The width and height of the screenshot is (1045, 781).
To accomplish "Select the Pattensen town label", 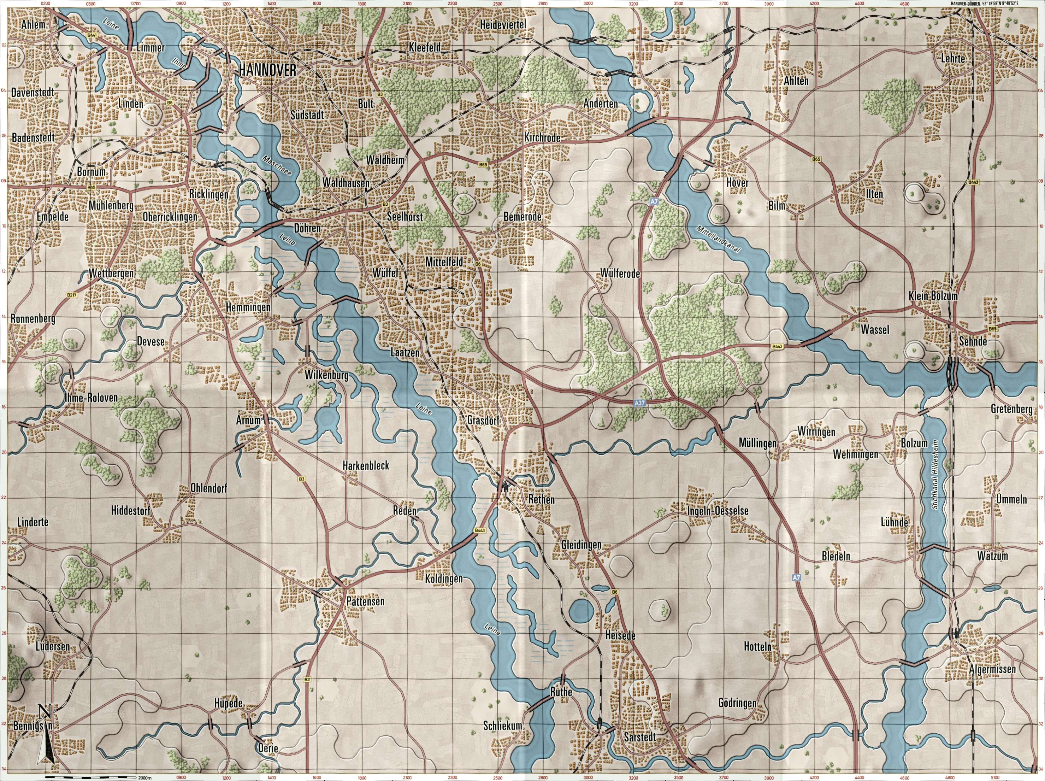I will (366, 602).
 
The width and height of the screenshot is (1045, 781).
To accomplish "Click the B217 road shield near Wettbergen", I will (71, 295).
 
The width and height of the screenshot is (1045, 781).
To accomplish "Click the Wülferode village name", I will (620, 274).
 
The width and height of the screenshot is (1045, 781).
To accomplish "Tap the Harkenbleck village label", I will (366, 465).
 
